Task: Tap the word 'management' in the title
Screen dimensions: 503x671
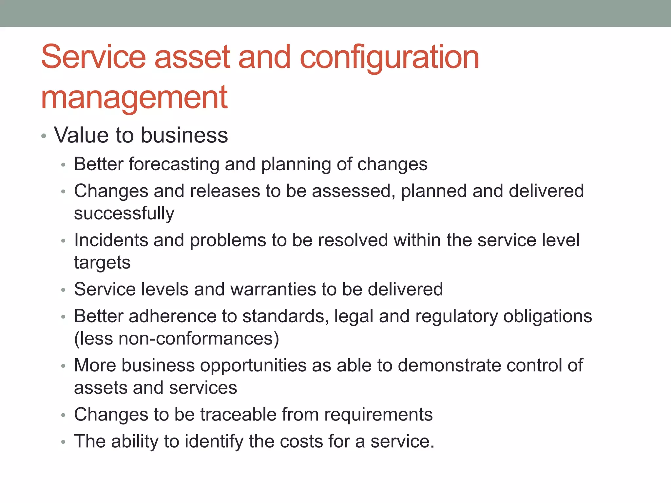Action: point(134,98)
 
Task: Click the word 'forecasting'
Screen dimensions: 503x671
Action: point(174,164)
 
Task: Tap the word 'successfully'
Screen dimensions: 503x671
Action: point(124,214)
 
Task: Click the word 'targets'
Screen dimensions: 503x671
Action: point(102,263)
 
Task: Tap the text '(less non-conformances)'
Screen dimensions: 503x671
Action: point(176,339)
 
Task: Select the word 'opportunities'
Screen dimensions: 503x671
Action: point(253,365)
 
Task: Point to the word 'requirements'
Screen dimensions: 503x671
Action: point(378,415)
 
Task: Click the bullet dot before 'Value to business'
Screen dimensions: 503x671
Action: point(44,136)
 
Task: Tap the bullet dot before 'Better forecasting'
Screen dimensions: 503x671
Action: point(64,165)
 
